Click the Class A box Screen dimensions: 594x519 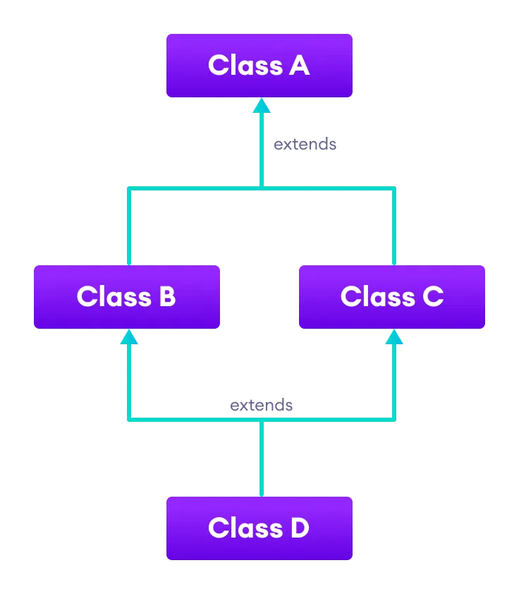pyautogui.click(x=259, y=66)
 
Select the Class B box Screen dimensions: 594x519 pyautogui.click(x=127, y=297)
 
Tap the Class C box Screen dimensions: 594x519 pyautogui.click(x=391, y=297)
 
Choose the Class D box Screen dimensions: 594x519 pyautogui.click(x=259, y=528)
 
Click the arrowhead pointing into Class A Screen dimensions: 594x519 pyautogui.click(x=262, y=106)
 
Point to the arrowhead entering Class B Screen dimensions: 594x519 pyautogui.click(x=128, y=337)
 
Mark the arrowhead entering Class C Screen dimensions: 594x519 pyautogui.click(x=394, y=337)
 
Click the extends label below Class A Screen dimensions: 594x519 pyautogui.click(x=305, y=145)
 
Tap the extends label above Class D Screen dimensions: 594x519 pyautogui.click(x=261, y=406)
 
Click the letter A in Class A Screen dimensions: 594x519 pyautogui.click(x=299, y=66)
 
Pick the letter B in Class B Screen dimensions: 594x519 pyautogui.click(x=167, y=297)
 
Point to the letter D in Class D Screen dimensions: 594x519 pyautogui.click(x=299, y=528)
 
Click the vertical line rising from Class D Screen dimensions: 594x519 pyautogui.click(x=262, y=459)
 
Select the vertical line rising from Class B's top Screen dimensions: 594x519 pyautogui.click(x=128, y=226)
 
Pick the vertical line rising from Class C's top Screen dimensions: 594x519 pyautogui.click(x=394, y=226)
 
